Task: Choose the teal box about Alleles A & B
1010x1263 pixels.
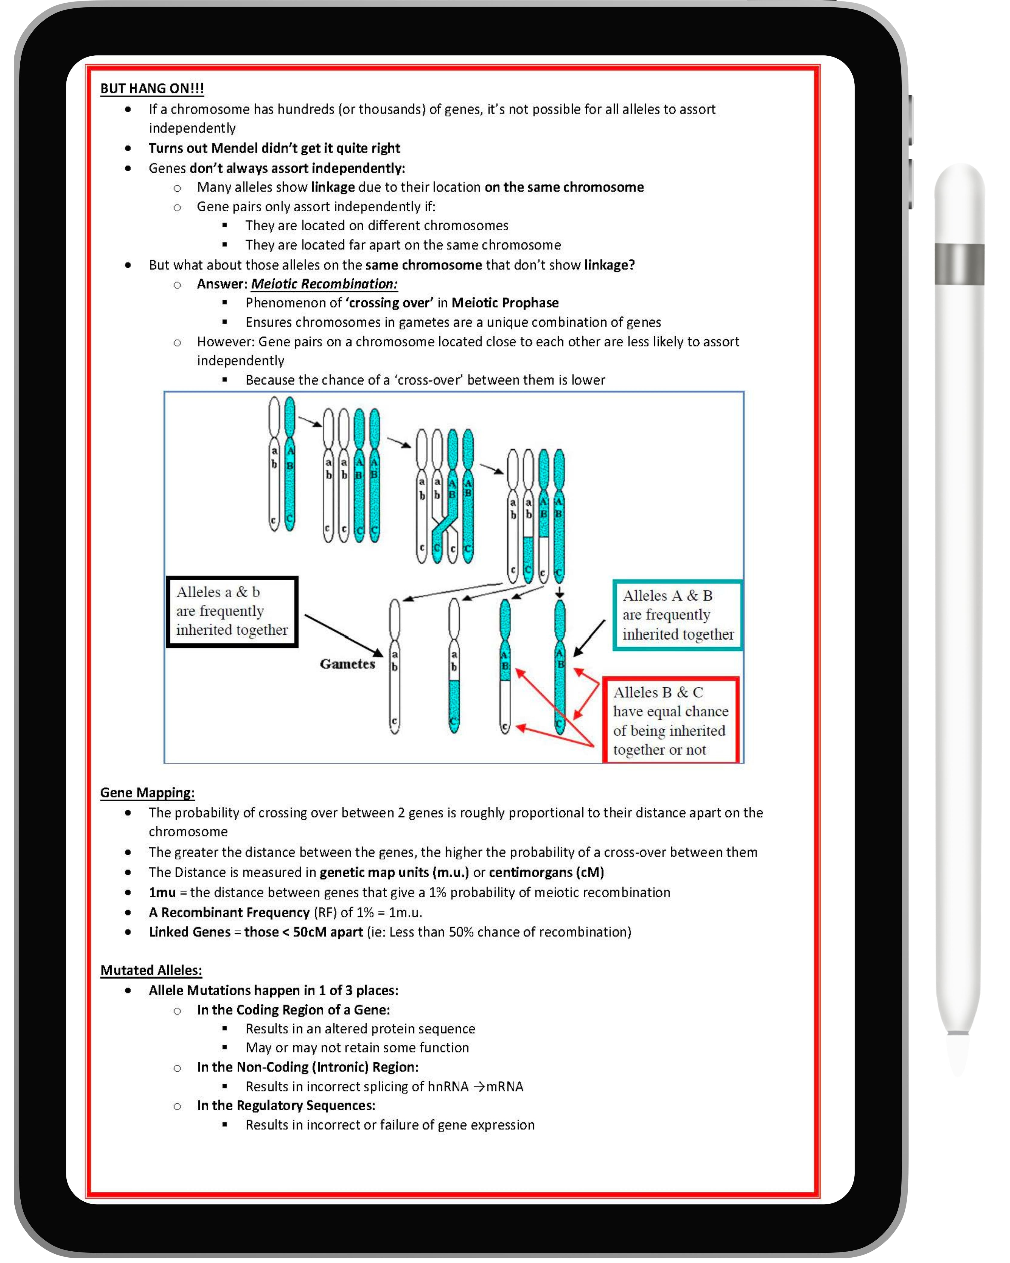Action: coord(678,615)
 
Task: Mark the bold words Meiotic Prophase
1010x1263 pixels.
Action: coord(505,303)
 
